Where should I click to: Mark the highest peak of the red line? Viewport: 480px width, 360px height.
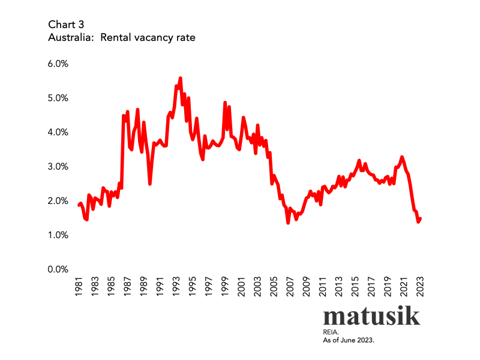180,78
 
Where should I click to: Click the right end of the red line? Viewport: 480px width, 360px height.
421,218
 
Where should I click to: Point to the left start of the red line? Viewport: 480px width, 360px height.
79,205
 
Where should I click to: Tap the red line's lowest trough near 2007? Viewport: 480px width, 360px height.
288,223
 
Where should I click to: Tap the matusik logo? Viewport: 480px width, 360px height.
371,316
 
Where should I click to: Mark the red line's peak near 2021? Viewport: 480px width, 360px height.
402,157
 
